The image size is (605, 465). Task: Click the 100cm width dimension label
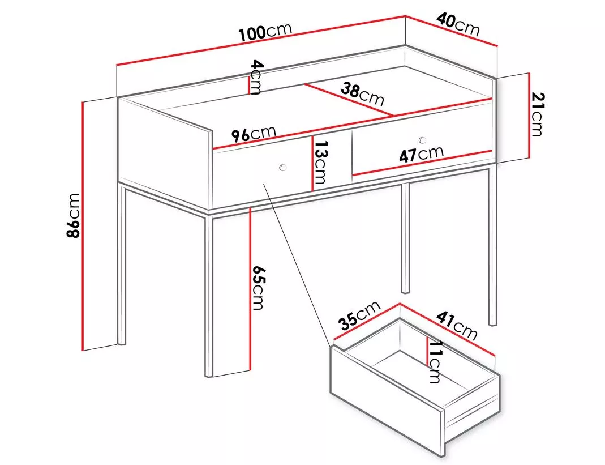pos(265,32)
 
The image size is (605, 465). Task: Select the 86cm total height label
pos(73,215)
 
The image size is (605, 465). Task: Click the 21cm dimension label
pos(537,114)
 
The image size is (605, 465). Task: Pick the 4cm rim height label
pos(256,77)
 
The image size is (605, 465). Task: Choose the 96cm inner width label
pos(254,134)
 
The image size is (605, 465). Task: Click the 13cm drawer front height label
pos(320,162)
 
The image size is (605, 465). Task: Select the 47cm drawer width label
pos(421,154)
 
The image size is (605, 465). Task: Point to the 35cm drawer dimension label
pos(359,315)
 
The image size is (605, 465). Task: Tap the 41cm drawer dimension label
pos(457,325)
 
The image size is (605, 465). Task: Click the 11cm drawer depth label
pos(435,362)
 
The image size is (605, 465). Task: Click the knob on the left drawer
pos(283,168)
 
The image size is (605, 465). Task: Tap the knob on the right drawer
pos(422,140)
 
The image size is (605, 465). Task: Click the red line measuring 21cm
pos(529,116)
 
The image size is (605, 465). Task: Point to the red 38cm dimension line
pos(349,100)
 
